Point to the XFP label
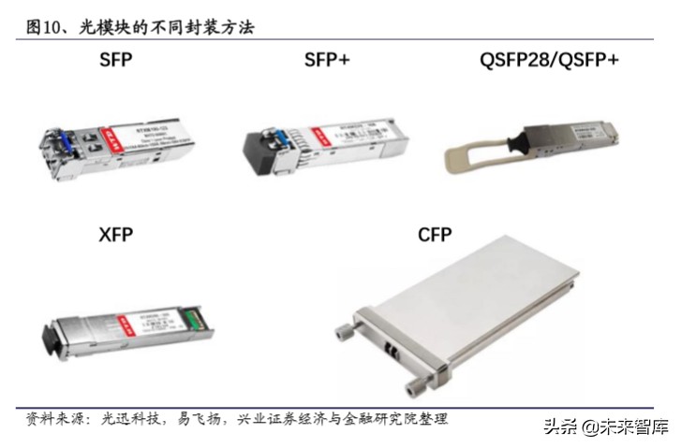[116, 235]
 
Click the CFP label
[435, 235]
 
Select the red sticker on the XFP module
[120, 321]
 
